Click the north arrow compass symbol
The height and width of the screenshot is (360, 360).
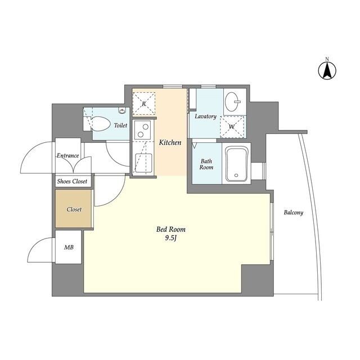[x=327, y=70]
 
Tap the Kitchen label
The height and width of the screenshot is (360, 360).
[x=170, y=142]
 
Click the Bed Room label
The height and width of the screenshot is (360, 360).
[x=171, y=229]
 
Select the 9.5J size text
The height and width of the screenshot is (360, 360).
[x=171, y=238]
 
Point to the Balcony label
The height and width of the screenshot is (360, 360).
[x=294, y=213]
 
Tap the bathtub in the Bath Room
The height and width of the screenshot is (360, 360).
[x=236, y=164]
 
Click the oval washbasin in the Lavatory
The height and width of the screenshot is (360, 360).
[x=232, y=101]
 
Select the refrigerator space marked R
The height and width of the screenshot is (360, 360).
[x=144, y=103]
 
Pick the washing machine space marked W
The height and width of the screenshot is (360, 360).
[x=232, y=127]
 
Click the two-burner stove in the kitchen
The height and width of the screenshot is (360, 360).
[x=143, y=130]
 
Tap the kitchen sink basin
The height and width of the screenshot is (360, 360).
[x=143, y=163]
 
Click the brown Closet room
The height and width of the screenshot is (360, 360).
[x=74, y=209]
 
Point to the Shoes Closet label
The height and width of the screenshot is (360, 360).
[x=72, y=181]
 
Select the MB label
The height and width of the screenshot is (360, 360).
[x=69, y=247]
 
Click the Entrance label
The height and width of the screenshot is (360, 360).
[x=67, y=155]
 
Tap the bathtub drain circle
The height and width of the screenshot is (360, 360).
[x=236, y=175]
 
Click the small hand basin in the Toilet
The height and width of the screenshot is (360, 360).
[x=122, y=111]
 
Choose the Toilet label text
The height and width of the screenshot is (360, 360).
[x=120, y=125]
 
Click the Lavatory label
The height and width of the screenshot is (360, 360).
[x=205, y=116]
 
